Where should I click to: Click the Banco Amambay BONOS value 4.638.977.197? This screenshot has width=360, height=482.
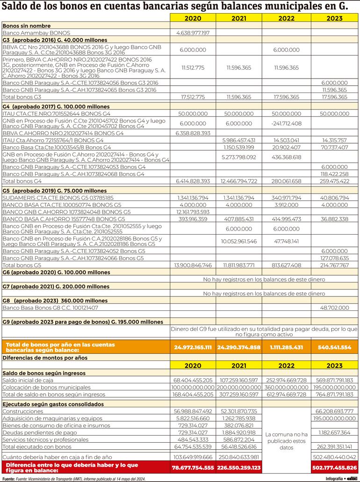pos(193,33)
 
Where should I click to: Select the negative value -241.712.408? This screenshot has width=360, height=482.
pos(286,123)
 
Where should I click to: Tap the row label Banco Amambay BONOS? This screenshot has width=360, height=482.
pos(36,33)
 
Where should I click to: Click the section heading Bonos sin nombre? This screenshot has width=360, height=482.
pos(27,26)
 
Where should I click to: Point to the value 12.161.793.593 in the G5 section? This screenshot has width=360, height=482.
pos(193,212)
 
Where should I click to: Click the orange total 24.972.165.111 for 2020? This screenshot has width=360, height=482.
pos(193,347)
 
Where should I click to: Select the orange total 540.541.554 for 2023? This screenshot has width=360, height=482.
pos(334,347)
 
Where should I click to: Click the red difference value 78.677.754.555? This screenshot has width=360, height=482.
pos(193,467)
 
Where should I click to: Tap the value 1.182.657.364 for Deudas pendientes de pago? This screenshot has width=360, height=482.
pos(333,432)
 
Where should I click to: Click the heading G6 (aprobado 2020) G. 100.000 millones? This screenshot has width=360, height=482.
pos(56,272)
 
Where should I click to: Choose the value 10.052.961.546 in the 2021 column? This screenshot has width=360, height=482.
pos(238,241)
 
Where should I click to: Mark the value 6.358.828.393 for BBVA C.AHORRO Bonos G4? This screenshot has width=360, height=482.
pos(193,133)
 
